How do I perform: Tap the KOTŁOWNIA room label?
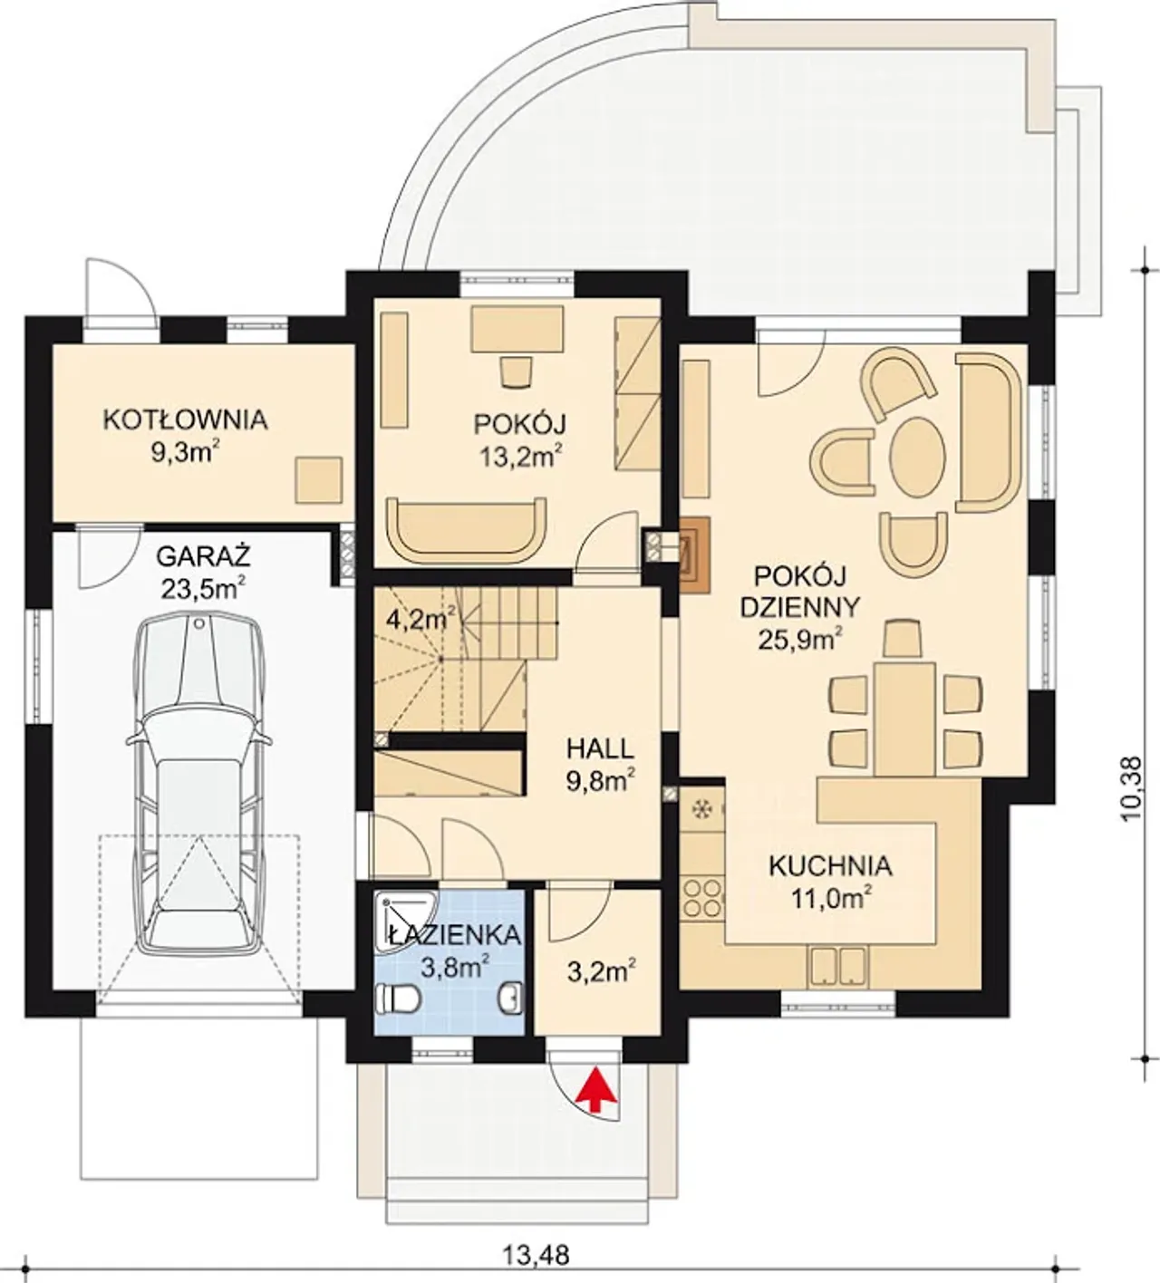tap(185, 420)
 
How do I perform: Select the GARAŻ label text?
tap(203, 556)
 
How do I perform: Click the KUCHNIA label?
tap(830, 866)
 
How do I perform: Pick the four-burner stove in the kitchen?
tap(701, 899)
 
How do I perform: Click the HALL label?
tap(600, 748)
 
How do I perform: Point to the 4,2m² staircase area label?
tap(420, 619)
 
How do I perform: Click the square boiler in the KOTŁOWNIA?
tap(318, 479)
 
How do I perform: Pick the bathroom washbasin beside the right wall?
tap(511, 998)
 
